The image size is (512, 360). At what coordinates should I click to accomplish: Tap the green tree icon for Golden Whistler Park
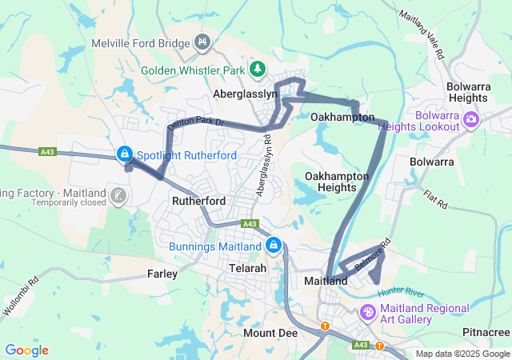[258, 70]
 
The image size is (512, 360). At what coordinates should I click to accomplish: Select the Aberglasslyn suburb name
[245, 94]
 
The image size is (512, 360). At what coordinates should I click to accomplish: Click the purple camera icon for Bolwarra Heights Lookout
[470, 120]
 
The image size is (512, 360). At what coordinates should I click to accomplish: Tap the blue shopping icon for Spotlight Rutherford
[125, 154]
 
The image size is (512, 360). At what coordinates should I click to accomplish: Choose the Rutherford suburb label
[198, 201]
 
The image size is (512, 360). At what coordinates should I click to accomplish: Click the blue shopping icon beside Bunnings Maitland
[274, 244]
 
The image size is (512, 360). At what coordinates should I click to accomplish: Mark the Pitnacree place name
[486, 331]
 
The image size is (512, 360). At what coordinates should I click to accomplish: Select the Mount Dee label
[270, 331]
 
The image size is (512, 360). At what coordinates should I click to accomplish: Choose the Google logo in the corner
[26, 350]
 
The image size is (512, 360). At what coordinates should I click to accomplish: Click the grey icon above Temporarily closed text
[118, 194]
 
